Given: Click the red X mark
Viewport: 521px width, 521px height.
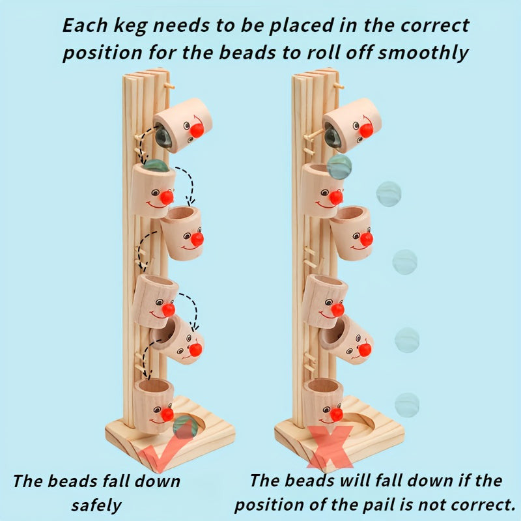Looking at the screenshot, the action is (x=330, y=446).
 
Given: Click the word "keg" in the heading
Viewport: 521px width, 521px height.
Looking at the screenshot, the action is (x=130, y=27).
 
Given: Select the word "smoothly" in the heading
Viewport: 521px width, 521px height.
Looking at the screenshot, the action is (x=423, y=53).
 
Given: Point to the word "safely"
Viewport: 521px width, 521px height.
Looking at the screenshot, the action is (x=96, y=505).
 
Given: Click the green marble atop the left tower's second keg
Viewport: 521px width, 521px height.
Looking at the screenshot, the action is (x=156, y=165).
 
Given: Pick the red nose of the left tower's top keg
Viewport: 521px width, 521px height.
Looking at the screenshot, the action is (x=197, y=130).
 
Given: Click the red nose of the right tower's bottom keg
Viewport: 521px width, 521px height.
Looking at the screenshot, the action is (x=336, y=414).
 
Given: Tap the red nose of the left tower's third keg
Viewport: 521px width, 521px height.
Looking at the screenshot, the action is (x=197, y=239).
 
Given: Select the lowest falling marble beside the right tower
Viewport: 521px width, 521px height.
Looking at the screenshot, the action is (x=407, y=404).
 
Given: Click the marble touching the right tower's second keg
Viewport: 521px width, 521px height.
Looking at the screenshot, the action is (x=339, y=166).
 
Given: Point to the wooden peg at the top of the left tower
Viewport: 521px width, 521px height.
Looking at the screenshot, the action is (x=169, y=86).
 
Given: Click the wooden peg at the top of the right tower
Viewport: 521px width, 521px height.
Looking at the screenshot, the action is (x=339, y=86).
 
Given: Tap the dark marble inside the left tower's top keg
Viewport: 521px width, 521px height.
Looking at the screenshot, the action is (x=163, y=136).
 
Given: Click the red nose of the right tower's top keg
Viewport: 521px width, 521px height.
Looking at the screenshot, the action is (x=366, y=130).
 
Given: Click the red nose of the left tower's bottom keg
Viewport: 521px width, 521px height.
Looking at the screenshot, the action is (x=167, y=414).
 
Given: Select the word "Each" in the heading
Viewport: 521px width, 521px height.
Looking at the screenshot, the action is (x=85, y=25).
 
